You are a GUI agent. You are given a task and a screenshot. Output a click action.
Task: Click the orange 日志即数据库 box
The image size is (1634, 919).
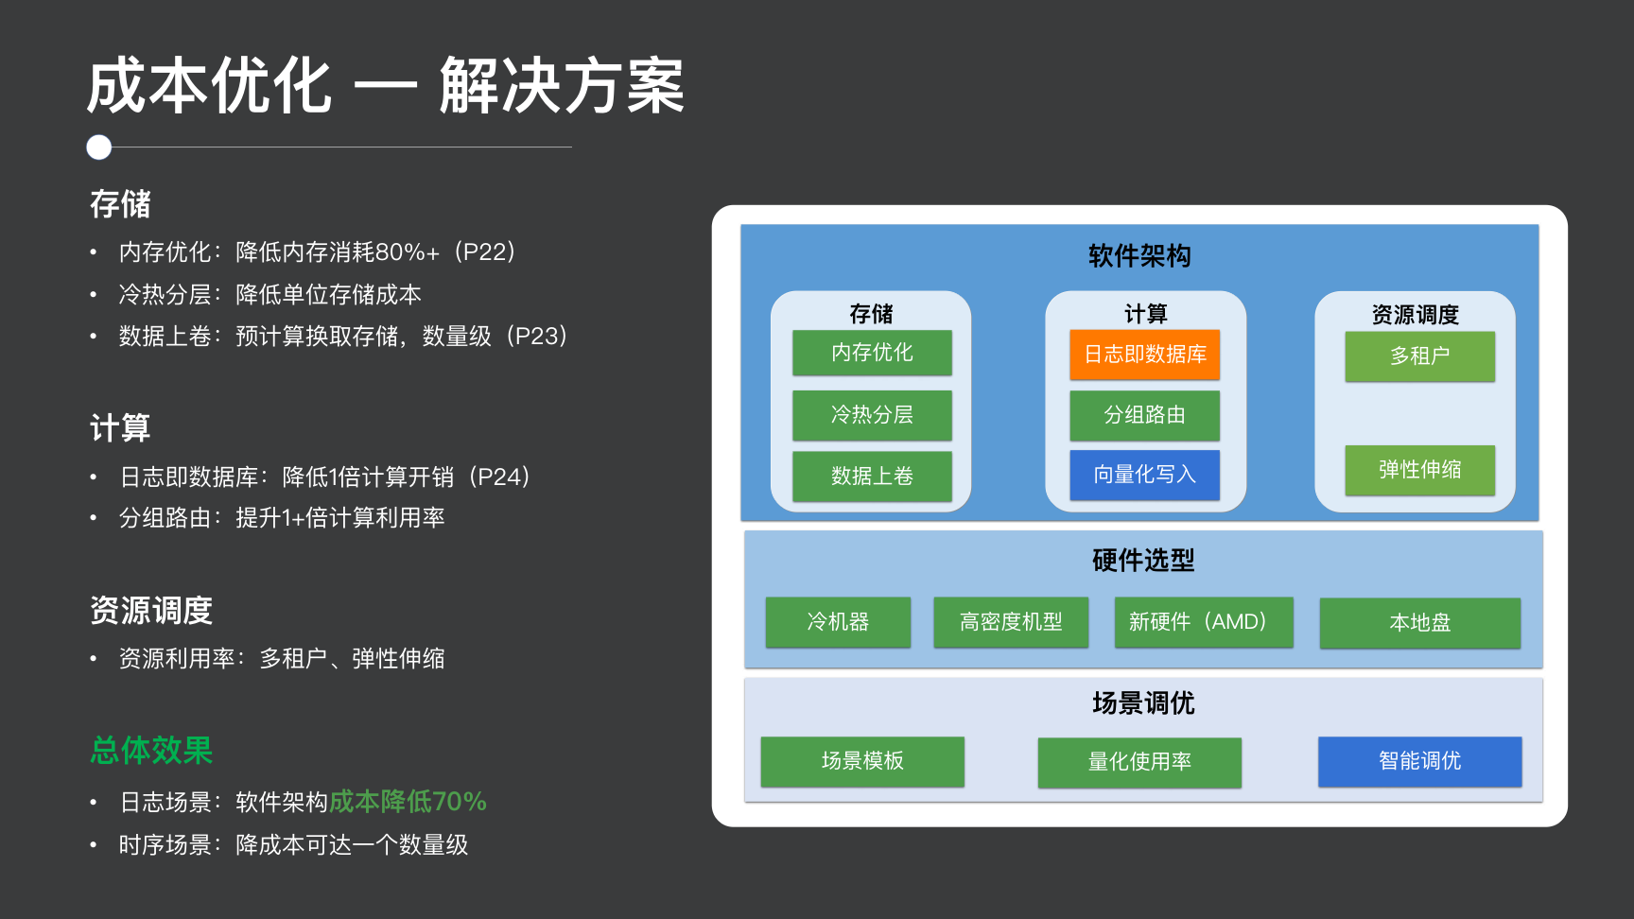point(1144,355)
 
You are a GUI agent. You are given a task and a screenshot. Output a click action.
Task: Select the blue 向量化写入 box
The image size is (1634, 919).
point(1144,475)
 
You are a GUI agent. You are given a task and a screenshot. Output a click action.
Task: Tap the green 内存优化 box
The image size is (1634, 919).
point(872,353)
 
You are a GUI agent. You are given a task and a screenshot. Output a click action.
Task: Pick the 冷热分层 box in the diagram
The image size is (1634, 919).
point(872,415)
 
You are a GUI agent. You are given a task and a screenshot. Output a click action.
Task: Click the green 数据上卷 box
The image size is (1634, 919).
point(872,476)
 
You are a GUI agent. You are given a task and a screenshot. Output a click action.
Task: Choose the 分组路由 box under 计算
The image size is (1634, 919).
point(1144,415)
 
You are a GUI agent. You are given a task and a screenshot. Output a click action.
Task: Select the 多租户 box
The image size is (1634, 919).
point(1419,356)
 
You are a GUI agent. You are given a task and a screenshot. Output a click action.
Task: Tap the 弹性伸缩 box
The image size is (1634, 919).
point(1419,470)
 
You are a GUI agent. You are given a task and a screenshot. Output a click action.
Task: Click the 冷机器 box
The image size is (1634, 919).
point(838,622)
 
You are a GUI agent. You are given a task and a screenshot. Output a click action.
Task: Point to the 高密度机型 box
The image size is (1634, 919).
point(1011,622)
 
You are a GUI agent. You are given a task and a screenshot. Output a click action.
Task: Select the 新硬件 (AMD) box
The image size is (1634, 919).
point(1204,622)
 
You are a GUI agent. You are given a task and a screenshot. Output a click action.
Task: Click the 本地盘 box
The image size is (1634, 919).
point(1419,623)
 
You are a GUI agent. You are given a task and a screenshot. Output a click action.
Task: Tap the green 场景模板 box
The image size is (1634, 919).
point(862,761)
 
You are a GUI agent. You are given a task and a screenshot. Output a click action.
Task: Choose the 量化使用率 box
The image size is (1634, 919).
point(1139,762)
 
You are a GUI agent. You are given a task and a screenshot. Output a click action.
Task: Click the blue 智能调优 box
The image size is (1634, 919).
point(1419,761)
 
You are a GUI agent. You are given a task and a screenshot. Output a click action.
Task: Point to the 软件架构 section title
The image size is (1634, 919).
point(1139,256)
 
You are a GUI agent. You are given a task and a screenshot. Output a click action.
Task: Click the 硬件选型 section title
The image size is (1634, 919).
point(1143,561)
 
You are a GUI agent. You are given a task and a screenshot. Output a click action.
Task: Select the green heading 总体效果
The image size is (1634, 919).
point(151,751)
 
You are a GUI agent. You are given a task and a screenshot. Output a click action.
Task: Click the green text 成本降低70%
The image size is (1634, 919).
point(408,802)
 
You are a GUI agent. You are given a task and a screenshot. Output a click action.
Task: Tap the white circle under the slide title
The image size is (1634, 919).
point(99,147)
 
